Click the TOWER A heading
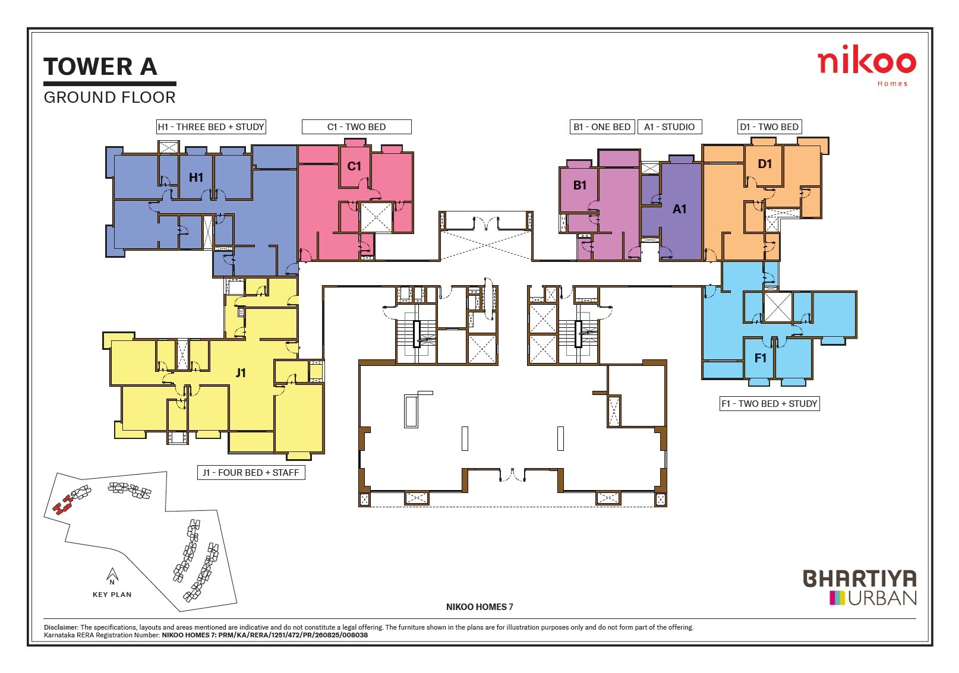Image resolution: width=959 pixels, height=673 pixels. point(100,67)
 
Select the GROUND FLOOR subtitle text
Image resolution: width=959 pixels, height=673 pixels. point(110,97)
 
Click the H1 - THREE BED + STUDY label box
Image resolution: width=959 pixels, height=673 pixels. point(211,127)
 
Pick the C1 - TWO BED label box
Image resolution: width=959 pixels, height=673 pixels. point(357,127)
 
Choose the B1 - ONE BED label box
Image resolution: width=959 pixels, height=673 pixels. point(602,127)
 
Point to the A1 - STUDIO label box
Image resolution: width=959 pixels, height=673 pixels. point(669,127)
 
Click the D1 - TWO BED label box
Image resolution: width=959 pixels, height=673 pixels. point(769,127)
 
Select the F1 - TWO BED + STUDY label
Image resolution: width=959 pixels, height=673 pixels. point(769,403)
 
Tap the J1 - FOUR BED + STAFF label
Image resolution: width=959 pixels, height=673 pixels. point(251,472)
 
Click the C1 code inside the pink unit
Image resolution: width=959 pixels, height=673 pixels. point(354,166)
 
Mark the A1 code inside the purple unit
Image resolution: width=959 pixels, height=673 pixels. point(679,209)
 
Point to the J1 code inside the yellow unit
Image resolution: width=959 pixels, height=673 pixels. point(241,373)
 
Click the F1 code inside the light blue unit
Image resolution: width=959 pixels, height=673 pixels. point(761,358)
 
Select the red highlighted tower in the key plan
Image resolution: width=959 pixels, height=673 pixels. point(62,506)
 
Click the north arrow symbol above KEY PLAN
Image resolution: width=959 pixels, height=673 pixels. point(112,575)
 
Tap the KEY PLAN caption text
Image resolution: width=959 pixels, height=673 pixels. point(112,595)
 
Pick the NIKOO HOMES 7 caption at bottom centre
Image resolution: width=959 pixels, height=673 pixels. point(479,606)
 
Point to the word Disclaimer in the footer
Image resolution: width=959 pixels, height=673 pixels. point(61,627)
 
